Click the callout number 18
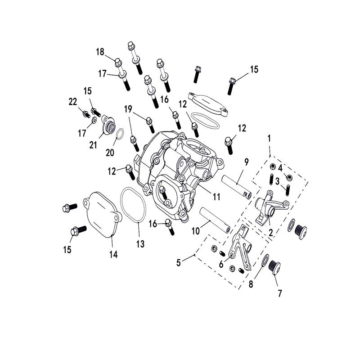pos(100,52)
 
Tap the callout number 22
pos(73,102)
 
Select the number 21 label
pos(93,145)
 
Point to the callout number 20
pos(110,153)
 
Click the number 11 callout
pos(216,197)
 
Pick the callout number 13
pos(140,244)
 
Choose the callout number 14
pos(113,254)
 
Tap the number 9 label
pos(246,162)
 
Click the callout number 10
pos(196,231)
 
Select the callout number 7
pos(279,293)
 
